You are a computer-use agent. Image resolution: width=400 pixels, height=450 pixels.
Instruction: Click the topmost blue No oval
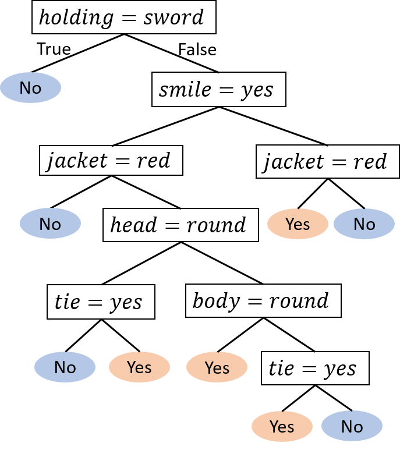point(30,88)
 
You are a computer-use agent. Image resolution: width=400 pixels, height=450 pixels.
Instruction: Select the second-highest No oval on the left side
point(50,224)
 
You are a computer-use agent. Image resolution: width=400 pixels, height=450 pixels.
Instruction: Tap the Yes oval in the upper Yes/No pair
point(298,224)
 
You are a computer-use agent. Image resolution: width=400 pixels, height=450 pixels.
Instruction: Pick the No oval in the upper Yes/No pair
point(364,224)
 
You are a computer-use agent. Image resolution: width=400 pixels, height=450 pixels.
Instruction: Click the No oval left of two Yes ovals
point(65,367)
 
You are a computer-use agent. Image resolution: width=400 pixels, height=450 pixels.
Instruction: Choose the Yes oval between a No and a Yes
point(139,367)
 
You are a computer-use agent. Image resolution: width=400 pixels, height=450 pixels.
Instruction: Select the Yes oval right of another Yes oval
point(217,367)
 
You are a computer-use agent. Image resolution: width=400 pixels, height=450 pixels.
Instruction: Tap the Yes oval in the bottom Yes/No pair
point(282,427)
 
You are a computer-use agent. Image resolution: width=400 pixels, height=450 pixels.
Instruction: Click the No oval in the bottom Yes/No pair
point(352,427)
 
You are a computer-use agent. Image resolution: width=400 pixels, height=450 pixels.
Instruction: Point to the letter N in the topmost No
point(26,88)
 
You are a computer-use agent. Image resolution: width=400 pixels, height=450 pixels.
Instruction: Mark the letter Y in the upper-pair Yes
point(289,224)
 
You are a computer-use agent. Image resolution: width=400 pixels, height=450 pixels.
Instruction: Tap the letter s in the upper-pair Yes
point(306,225)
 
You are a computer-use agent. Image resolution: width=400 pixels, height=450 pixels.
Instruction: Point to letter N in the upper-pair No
point(359,224)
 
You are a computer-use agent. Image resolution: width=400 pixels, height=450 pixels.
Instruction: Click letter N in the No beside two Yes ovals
point(60,367)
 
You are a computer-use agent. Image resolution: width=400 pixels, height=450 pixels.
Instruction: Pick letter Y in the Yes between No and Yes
point(131,367)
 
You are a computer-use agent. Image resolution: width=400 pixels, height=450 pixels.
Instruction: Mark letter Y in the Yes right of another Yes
point(208,367)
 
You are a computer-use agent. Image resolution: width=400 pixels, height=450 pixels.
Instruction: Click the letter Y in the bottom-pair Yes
point(274,427)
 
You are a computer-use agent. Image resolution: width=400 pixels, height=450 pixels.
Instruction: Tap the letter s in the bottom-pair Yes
point(291,428)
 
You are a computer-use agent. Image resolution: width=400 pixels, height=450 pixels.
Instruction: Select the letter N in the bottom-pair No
point(347,427)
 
